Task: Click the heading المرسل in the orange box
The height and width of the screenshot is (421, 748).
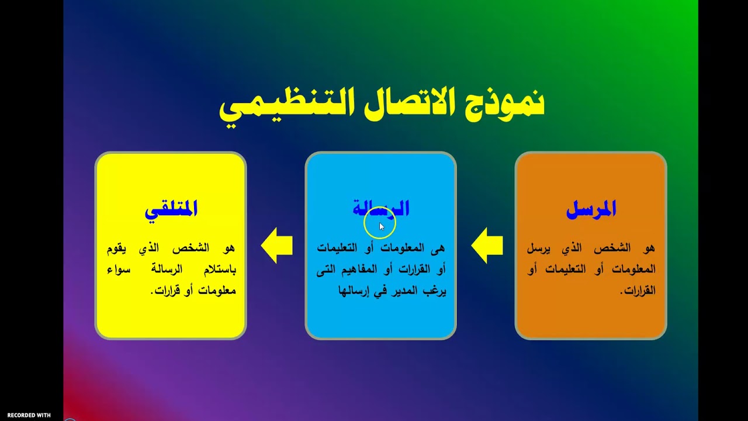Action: (x=591, y=209)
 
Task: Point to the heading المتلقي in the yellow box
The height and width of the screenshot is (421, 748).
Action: (x=171, y=209)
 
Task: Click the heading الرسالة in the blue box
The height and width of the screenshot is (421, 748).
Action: (x=380, y=208)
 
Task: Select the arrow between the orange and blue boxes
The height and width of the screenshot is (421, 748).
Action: (x=486, y=246)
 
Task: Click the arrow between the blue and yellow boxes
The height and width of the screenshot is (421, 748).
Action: (x=276, y=246)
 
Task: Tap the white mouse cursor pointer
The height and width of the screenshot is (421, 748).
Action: (x=382, y=227)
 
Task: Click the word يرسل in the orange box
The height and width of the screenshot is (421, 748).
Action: (x=538, y=249)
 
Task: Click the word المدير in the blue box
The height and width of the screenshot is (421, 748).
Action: (x=396, y=291)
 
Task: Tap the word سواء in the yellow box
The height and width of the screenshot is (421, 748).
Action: (x=120, y=270)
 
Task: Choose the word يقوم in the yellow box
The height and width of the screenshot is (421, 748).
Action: (x=117, y=249)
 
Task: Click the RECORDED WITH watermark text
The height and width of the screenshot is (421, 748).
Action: (x=29, y=415)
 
